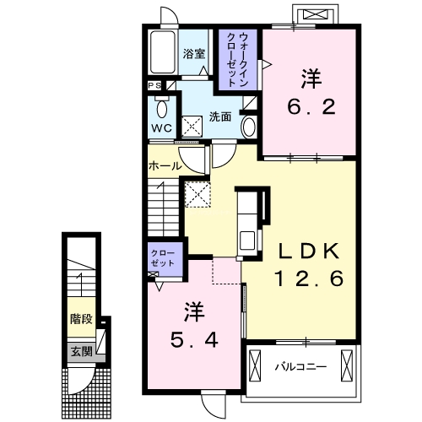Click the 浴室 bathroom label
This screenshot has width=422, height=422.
194,53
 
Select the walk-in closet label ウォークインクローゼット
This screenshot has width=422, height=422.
238,59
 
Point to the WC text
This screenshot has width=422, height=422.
162,128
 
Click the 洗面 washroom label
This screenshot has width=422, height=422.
220,116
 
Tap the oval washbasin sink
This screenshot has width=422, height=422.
249,127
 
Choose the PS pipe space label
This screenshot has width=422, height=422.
154,85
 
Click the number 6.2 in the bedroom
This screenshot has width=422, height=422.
311,106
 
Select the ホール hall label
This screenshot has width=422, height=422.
165,166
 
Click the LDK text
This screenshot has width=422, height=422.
309,251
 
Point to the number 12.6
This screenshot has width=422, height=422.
309,279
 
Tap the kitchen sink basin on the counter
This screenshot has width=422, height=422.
247,241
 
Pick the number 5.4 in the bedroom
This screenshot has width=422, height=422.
194,339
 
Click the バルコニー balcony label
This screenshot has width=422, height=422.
301,367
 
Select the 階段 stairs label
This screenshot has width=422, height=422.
81,319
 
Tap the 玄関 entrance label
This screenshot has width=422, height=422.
81,351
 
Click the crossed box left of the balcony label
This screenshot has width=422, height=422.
255,365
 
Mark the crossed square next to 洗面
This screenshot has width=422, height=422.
192,127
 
